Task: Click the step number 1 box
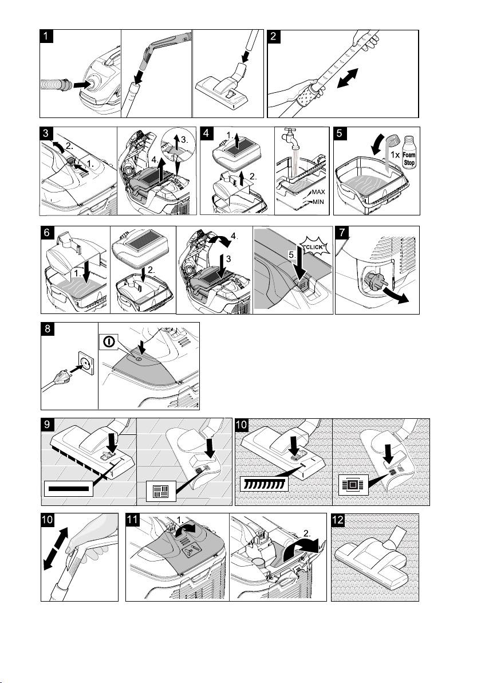coord(46,36)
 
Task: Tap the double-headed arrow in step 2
coord(348,78)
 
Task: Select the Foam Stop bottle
coord(409,152)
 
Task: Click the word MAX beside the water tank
coord(318,192)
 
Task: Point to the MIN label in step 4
coord(318,202)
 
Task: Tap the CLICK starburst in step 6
coord(314,246)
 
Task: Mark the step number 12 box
coord(338,520)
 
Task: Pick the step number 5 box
coord(340,134)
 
